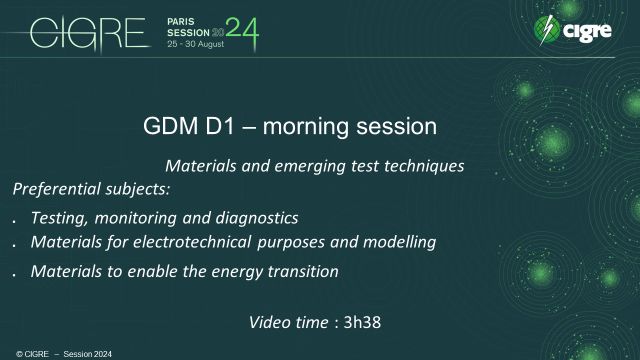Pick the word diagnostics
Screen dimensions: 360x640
coord(252,216)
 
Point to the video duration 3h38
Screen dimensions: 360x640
coord(364,322)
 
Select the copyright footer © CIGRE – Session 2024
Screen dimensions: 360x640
coord(51,353)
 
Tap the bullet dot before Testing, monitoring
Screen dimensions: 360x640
coord(15,219)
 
